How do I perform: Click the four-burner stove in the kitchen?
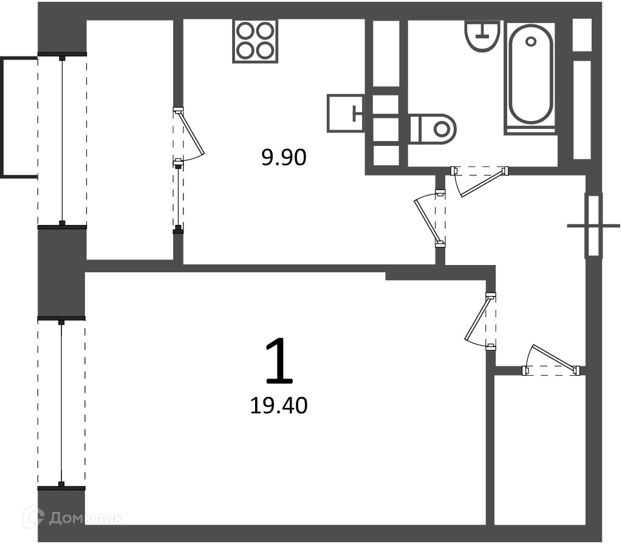pos(255,41)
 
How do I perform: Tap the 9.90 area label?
pos(284,157)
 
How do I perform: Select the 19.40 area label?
pos(279,406)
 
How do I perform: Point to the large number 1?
pos(279,361)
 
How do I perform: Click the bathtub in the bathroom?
pos(530,75)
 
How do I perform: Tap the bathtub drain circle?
pos(530,41)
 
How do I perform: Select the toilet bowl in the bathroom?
pos(433,129)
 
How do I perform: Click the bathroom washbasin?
pos(482,36)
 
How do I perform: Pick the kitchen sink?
pos(345,113)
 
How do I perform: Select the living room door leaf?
pos(477,319)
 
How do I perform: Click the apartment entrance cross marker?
pos(593,226)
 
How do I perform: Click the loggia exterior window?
pos(62,140)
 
